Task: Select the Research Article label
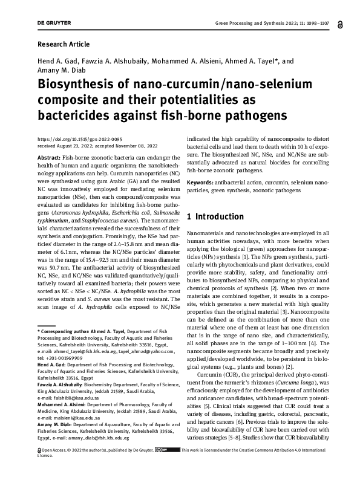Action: point(64,44)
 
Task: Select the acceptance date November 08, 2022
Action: point(129,144)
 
